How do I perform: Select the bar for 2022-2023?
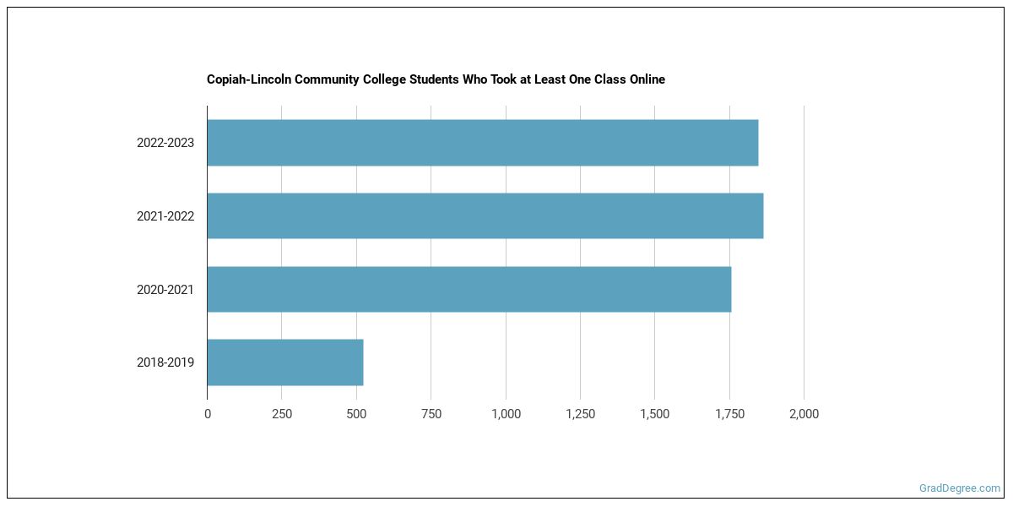pyautogui.click(x=482, y=143)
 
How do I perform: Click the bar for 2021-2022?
pyautogui.click(x=485, y=215)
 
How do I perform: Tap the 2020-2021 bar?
pyautogui.click(x=469, y=289)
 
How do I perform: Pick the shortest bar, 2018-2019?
pyautogui.click(x=284, y=363)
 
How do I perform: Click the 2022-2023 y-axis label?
pyautogui.click(x=165, y=143)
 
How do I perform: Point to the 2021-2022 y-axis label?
pyautogui.click(x=165, y=216)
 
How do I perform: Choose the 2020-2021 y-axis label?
pyautogui.click(x=165, y=290)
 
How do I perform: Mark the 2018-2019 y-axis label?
pyautogui.click(x=165, y=363)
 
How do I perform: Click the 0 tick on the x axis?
pyautogui.click(x=208, y=414)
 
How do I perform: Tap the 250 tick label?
pyautogui.click(x=282, y=414)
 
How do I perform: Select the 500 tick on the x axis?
pyautogui.click(x=356, y=414)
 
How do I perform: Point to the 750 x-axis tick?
pyautogui.click(x=431, y=414)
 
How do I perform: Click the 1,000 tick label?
pyautogui.click(x=506, y=414)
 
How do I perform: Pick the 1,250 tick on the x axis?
pyautogui.click(x=580, y=414)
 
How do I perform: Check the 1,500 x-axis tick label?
pyautogui.click(x=655, y=414)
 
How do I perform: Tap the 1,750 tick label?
pyautogui.click(x=729, y=414)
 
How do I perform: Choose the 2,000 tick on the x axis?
pyautogui.click(x=804, y=414)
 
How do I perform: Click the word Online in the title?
pyautogui.click(x=645, y=79)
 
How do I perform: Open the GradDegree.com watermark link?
pyautogui.click(x=960, y=488)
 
